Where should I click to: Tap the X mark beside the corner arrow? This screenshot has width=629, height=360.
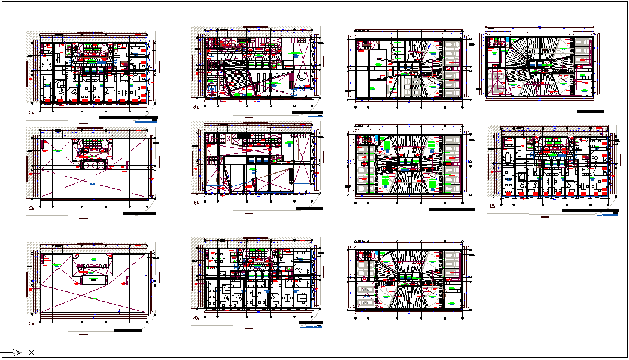(31, 353)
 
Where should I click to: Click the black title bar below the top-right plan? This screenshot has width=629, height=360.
(590, 111)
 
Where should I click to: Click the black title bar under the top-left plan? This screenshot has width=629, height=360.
(128, 118)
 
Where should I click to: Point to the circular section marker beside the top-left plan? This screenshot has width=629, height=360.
(29, 112)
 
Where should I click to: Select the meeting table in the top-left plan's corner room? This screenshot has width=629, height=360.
(46, 64)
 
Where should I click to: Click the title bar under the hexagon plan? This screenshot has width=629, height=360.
(307, 112)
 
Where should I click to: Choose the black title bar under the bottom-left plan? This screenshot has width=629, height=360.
(127, 331)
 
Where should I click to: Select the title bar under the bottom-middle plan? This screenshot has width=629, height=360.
(311, 323)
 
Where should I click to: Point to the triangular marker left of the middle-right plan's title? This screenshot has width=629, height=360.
(493, 206)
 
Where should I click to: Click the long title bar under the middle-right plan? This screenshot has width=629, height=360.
(591, 211)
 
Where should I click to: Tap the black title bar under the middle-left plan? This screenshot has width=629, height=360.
(138, 213)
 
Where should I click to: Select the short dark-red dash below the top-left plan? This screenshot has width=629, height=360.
(83, 124)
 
